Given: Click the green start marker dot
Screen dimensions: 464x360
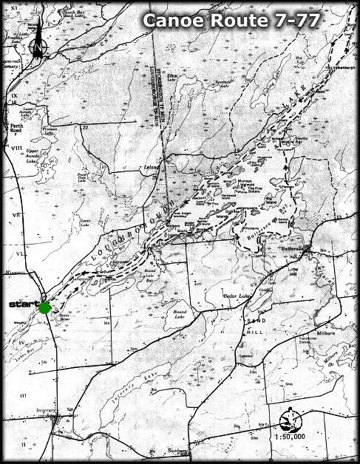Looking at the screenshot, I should pos(44,307).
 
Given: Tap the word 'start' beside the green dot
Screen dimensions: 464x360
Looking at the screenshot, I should pos(21,304).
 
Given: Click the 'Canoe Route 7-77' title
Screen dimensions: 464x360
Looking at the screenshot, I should pos(231,21).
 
